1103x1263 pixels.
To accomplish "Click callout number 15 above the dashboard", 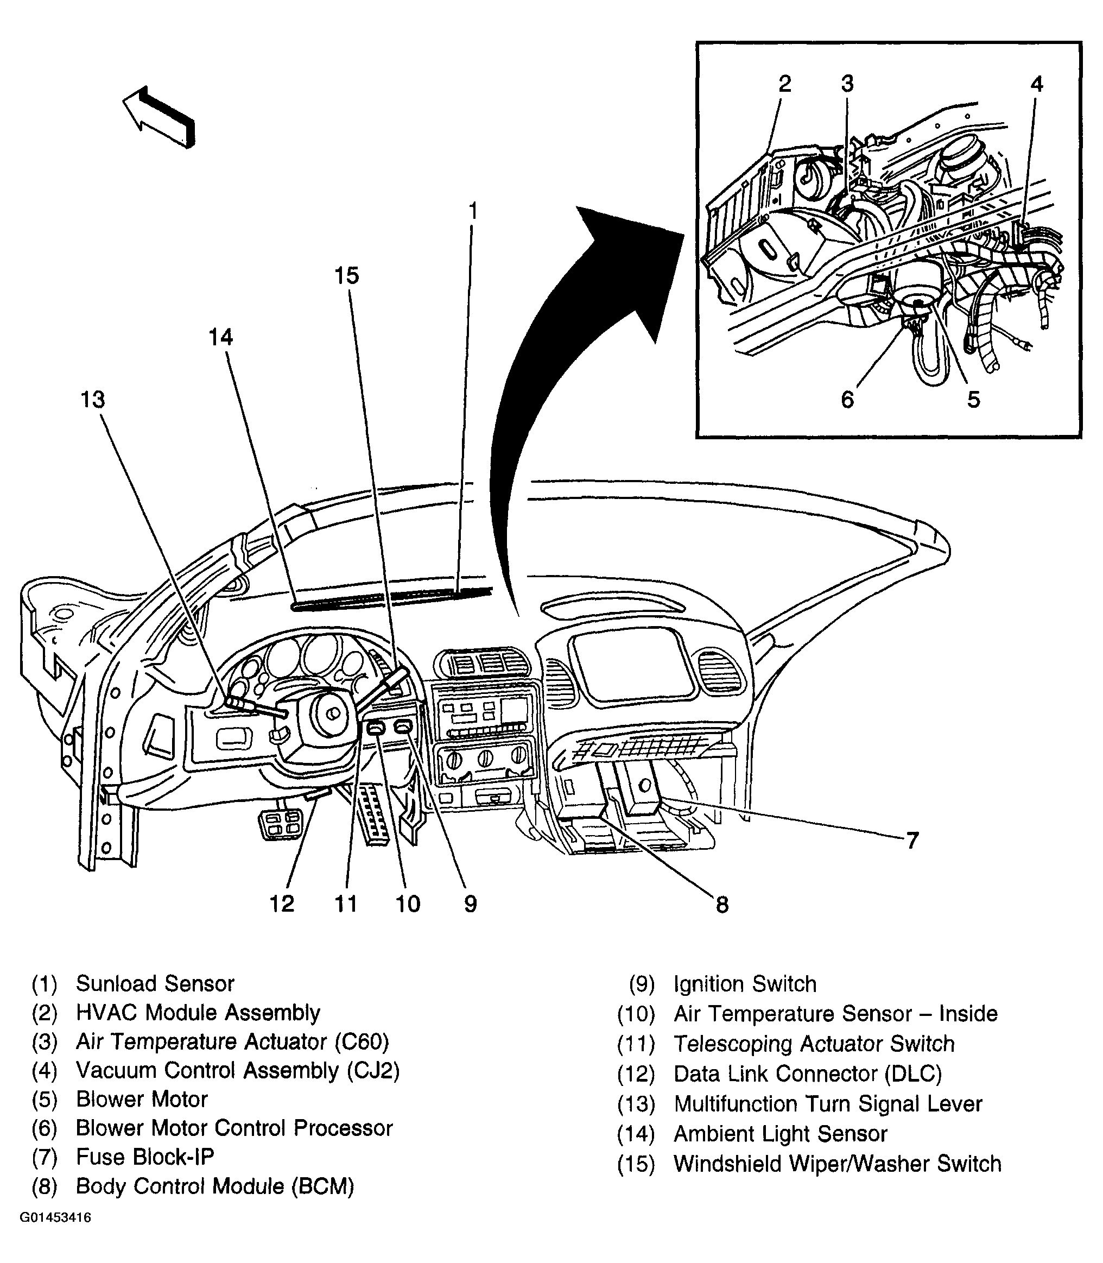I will pyautogui.click(x=346, y=275).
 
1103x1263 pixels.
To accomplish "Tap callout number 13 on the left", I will pyautogui.click(x=93, y=400).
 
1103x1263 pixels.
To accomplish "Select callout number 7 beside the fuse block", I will pyautogui.click(x=912, y=840).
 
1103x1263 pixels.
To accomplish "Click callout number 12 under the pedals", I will pyautogui.click(x=282, y=904).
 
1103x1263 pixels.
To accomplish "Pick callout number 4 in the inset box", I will pyautogui.click(x=1037, y=84).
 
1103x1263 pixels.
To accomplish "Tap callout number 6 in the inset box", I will pyautogui.click(x=847, y=400).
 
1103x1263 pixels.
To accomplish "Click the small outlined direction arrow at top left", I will pyautogui.click(x=159, y=116).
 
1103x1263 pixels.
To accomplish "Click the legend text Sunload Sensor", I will pyautogui.click(x=155, y=983).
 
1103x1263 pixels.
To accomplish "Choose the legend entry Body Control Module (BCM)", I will pyautogui.click(x=214, y=1186).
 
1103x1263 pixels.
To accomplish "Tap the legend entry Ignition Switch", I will pyautogui.click(x=745, y=984).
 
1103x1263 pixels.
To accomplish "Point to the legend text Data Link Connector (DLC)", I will pyautogui.click(x=808, y=1074).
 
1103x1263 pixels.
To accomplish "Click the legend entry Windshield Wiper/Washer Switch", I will pyautogui.click(x=837, y=1164).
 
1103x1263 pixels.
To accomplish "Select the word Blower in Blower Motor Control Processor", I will pyautogui.click(x=110, y=1128).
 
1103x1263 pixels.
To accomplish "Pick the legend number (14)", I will pyautogui.click(x=636, y=1134).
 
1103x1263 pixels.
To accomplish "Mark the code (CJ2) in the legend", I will pyautogui.click(x=373, y=1070).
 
